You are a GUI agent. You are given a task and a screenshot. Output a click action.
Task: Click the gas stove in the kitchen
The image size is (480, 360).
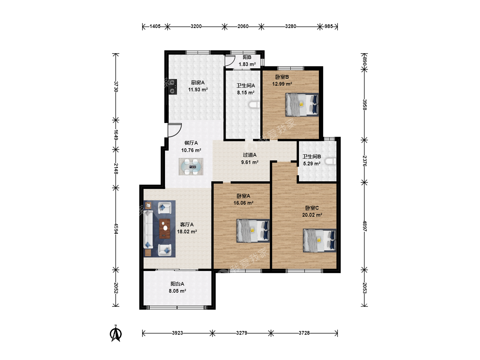pyautogui.click(x=173, y=87)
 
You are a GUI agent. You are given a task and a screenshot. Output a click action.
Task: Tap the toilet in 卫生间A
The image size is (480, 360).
pyautogui.click(x=255, y=105)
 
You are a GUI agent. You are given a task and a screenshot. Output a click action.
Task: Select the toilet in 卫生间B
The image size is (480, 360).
pyautogui.click(x=330, y=161)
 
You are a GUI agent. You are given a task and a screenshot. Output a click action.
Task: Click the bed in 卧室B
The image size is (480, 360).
pyautogui.click(x=302, y=105)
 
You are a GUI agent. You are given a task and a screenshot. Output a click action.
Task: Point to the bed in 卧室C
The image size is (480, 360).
pyautogui.click(x=319, y=240)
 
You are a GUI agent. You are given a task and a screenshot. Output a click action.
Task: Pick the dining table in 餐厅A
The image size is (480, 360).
pyautogui.click(x=191, y=167)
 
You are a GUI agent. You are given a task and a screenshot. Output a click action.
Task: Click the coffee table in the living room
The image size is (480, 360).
pyautogui.click(x=165, y=228)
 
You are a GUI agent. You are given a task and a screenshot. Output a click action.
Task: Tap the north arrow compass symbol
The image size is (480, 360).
pyautogui.click(x=116, y=333)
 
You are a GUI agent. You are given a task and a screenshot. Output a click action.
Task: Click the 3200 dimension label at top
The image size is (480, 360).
pyautogui.click(x=196, y=26)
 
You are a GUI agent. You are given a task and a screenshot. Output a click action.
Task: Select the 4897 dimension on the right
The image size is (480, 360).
pyautogui.click(x=364, y=226)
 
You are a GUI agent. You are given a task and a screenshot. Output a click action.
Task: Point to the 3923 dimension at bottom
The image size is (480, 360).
pyautogui.click(x=177, y=333)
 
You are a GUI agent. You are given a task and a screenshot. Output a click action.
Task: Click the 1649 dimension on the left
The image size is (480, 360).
pyautogui.click(x=116, y=135)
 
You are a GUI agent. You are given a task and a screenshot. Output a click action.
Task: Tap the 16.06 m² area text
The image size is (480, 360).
pyautogui.click(x=243, y=203)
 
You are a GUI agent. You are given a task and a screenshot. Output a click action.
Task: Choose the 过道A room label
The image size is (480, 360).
pyautogui.click(x=250, y=155)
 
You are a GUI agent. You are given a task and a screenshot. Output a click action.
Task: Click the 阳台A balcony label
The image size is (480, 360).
pyautogui.click(x=177, y=284)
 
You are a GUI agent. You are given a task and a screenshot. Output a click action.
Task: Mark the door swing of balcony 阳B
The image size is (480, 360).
pyautogui.click(x=230, y=61)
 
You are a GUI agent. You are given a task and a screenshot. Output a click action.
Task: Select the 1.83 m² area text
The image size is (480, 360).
pyautogui.click(x=247, y=64)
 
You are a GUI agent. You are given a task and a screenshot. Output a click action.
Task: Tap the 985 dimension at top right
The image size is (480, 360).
pyautogui.click(x=328, y=26)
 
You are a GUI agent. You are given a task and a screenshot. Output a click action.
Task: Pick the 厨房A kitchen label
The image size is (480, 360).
pyautogui.click(x=198, y=83)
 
